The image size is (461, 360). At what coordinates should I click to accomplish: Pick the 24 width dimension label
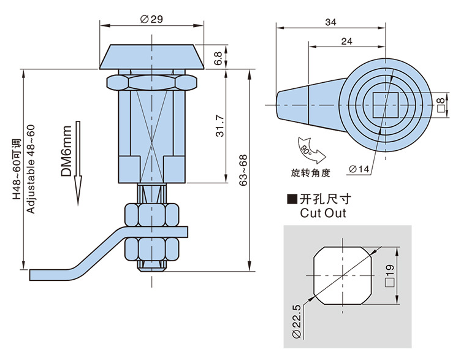click(346, 42)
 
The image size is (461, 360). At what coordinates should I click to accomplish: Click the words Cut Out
click(323, 213)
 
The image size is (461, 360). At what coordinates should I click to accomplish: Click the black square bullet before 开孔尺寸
click(292, 199)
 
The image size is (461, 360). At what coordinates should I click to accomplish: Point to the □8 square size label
click(440, 105)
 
